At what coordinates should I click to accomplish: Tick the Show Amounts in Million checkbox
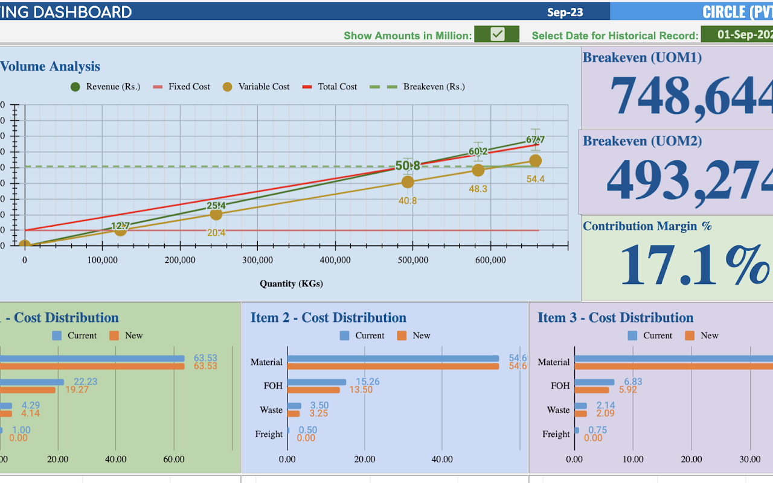point(497,34)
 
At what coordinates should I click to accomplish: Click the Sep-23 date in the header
point(565,12)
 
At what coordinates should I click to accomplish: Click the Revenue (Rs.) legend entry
point(106,86)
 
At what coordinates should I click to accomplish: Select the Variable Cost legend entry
point(257,86)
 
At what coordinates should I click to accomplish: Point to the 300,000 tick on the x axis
point(257,260)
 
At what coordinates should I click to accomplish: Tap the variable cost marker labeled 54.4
point(535,160)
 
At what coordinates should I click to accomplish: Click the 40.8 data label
point(408,200)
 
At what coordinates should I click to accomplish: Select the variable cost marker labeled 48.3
point(478,171)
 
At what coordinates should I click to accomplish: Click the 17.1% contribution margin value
point(694,265)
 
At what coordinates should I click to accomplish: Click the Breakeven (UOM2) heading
point(642,141)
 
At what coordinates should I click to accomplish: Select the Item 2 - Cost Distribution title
point(329,318)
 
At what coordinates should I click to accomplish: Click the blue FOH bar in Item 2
point(316,382)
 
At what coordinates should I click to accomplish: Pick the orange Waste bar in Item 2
point(293,414)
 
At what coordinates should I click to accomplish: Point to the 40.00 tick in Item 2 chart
point(442,459)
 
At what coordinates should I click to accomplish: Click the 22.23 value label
point(85,382)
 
